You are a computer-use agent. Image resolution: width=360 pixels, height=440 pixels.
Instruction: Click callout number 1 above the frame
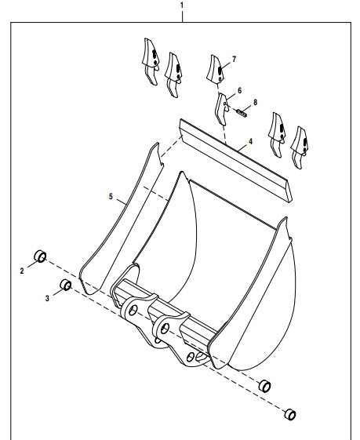[x=182, y=5]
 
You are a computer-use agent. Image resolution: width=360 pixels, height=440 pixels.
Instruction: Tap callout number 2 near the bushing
[x=22, y=271]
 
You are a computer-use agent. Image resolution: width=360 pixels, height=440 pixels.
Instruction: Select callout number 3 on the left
[x=47, y=298]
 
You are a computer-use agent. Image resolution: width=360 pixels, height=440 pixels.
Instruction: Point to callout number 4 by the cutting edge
[x=250, y=141]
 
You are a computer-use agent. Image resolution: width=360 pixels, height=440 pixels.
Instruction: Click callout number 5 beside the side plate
[x=111, y=196]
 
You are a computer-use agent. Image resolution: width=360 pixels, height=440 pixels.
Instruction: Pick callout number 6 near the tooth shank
[x=239, y=91]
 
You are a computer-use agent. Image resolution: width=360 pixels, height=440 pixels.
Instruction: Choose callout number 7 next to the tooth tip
[x=234, y=59]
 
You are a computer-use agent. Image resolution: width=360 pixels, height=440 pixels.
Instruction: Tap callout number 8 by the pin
[x=255, y=103]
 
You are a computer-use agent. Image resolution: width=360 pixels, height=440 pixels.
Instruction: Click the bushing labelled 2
[x=40, y=256]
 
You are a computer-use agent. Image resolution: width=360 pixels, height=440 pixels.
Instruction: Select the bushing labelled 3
[x=66, y=285]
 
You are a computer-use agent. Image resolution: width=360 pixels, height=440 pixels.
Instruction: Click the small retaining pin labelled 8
[x=242, y=113]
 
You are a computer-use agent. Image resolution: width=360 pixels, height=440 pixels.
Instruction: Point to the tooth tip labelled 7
[x=215, y=69]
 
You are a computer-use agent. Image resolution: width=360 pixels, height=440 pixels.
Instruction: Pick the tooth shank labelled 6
[x=221, y=109]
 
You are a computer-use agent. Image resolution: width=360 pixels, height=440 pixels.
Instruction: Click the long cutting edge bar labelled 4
[x=236, y=160]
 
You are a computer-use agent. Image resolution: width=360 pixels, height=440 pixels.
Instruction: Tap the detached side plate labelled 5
[x=121, y=219]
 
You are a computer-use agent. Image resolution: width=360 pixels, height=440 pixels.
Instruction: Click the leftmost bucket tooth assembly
[x=151, y=61]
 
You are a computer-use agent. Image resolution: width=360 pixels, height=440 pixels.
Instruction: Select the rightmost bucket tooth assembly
[x=300, y=147]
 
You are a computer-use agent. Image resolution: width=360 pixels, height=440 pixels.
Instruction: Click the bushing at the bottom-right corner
[x=290, y=414]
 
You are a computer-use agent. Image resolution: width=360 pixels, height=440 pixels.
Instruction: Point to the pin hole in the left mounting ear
[x=133, y=310]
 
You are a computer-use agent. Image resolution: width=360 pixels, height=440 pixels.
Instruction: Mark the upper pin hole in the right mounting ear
[x=165, y=328]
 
